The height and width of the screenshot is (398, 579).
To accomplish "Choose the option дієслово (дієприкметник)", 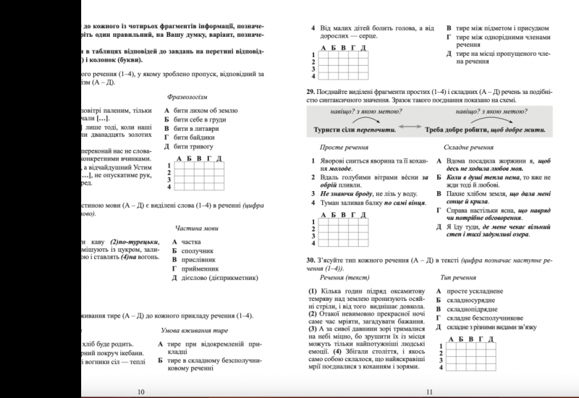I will (x=218, y=278).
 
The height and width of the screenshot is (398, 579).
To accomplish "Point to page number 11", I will (x=430, y=391).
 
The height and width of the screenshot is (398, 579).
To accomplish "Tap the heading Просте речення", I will (x=344, y=147).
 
